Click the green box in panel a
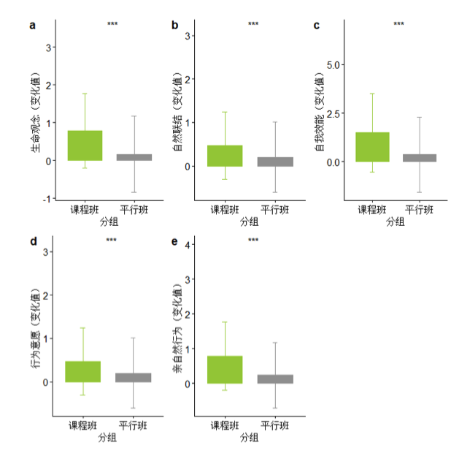[85, 145]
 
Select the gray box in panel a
[134, 157]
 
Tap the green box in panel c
[372, 147]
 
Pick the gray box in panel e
[276, 379]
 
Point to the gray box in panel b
[276, 162]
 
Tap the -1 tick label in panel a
[47, 199]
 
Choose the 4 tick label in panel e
[188, 245]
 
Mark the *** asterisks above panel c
[398, 25]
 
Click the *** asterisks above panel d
[111, 240]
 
